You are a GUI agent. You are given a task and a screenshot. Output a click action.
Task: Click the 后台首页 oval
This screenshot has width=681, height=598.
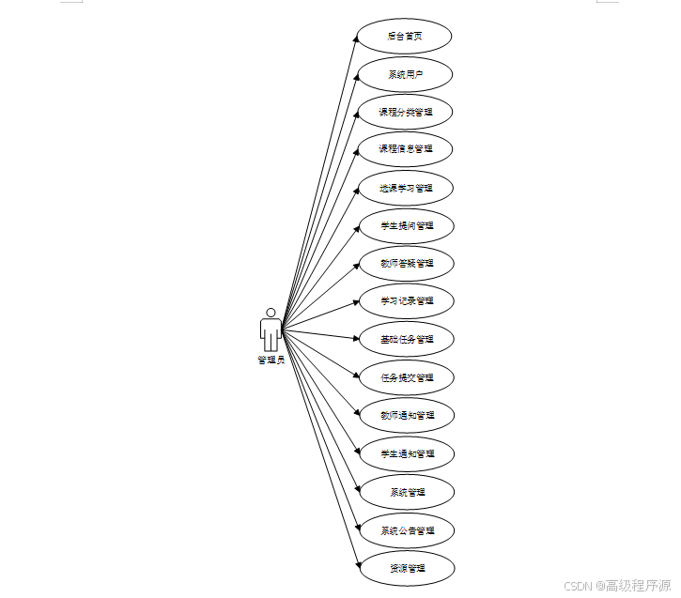(x=406, y=36)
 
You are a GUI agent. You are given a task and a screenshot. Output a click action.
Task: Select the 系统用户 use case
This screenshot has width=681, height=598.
(x=406, y=73)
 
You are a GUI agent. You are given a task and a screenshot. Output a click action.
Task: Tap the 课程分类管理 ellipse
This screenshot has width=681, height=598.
(x=406, y=112)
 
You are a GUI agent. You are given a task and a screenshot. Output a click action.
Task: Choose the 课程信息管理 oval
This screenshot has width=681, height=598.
(x=406, y=149)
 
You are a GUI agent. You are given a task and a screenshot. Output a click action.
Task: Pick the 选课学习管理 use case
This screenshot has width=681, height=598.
(x=406, y=188)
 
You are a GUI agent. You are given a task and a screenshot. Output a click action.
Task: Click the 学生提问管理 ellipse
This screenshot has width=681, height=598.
(x=406, y=225)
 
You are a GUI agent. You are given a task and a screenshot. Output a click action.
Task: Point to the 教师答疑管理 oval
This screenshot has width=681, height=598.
(x=406, y=264)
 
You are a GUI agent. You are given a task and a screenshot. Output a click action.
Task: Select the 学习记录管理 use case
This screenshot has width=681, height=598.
(x=406, y=301)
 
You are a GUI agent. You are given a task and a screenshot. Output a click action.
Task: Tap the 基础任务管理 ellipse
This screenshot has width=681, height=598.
(x=406, y=339)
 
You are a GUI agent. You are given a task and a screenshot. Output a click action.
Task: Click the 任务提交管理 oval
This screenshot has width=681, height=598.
(x=406, y=377)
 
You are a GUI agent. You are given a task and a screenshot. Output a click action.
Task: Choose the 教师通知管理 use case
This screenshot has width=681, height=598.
(x=406, y=415)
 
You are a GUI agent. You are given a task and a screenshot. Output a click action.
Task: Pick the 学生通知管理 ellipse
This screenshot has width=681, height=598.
(x=406, y=453)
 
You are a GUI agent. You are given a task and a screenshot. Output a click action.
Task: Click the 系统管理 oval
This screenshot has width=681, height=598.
(x=406, y=491)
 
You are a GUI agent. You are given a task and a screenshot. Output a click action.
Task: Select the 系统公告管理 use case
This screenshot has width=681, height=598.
(x=406, y=530)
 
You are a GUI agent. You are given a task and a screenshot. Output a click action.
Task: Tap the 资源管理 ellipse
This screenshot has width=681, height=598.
(x=406, y=568)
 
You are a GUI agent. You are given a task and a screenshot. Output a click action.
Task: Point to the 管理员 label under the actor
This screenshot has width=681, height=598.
(x=271, y=360)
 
